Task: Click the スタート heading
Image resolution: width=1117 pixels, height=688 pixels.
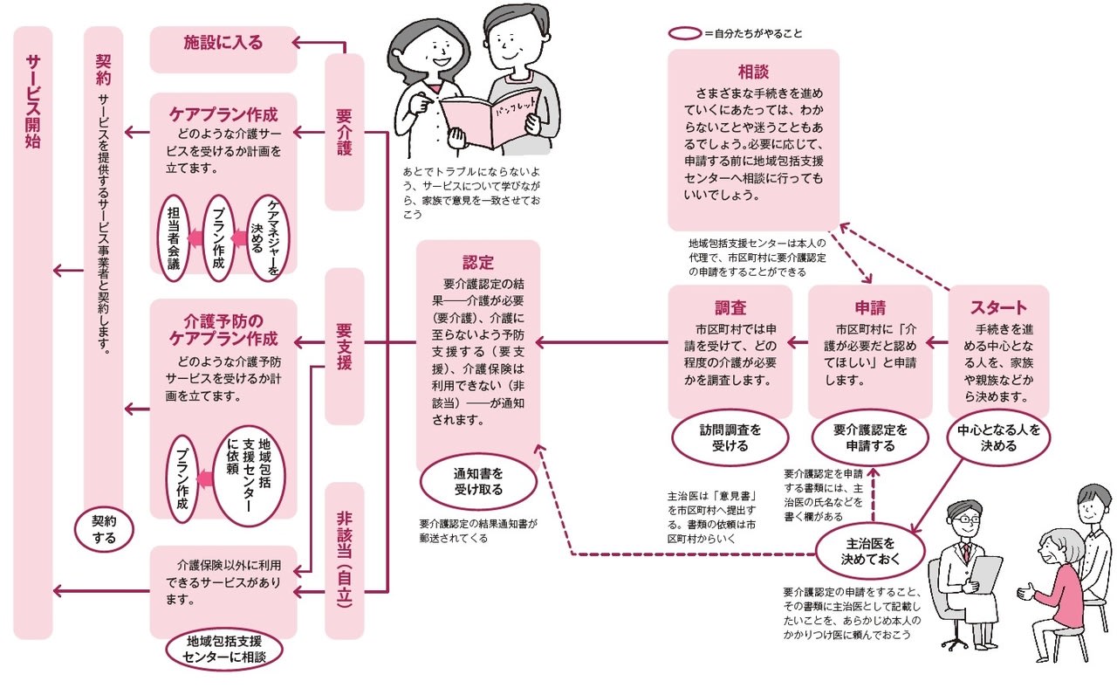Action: [998, 307]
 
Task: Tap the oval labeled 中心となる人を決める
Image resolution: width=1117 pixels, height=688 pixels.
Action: [998, 437]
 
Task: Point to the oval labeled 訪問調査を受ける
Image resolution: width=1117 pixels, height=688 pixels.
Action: [730, 437]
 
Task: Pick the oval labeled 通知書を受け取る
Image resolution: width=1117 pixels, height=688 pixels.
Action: [477, 481]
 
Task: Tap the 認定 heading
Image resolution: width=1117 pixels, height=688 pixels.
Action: [477, 262]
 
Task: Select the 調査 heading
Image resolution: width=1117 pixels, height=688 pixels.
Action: [730, 307]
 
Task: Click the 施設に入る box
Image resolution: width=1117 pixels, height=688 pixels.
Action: [223, 42]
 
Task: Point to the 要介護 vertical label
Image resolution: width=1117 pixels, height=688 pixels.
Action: [344, 132]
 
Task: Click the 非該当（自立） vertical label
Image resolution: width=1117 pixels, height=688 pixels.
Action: [344, 560]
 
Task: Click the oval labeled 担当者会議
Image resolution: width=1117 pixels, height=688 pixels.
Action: [173, 237]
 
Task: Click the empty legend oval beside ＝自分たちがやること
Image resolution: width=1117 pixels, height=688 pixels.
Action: [684, 33]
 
